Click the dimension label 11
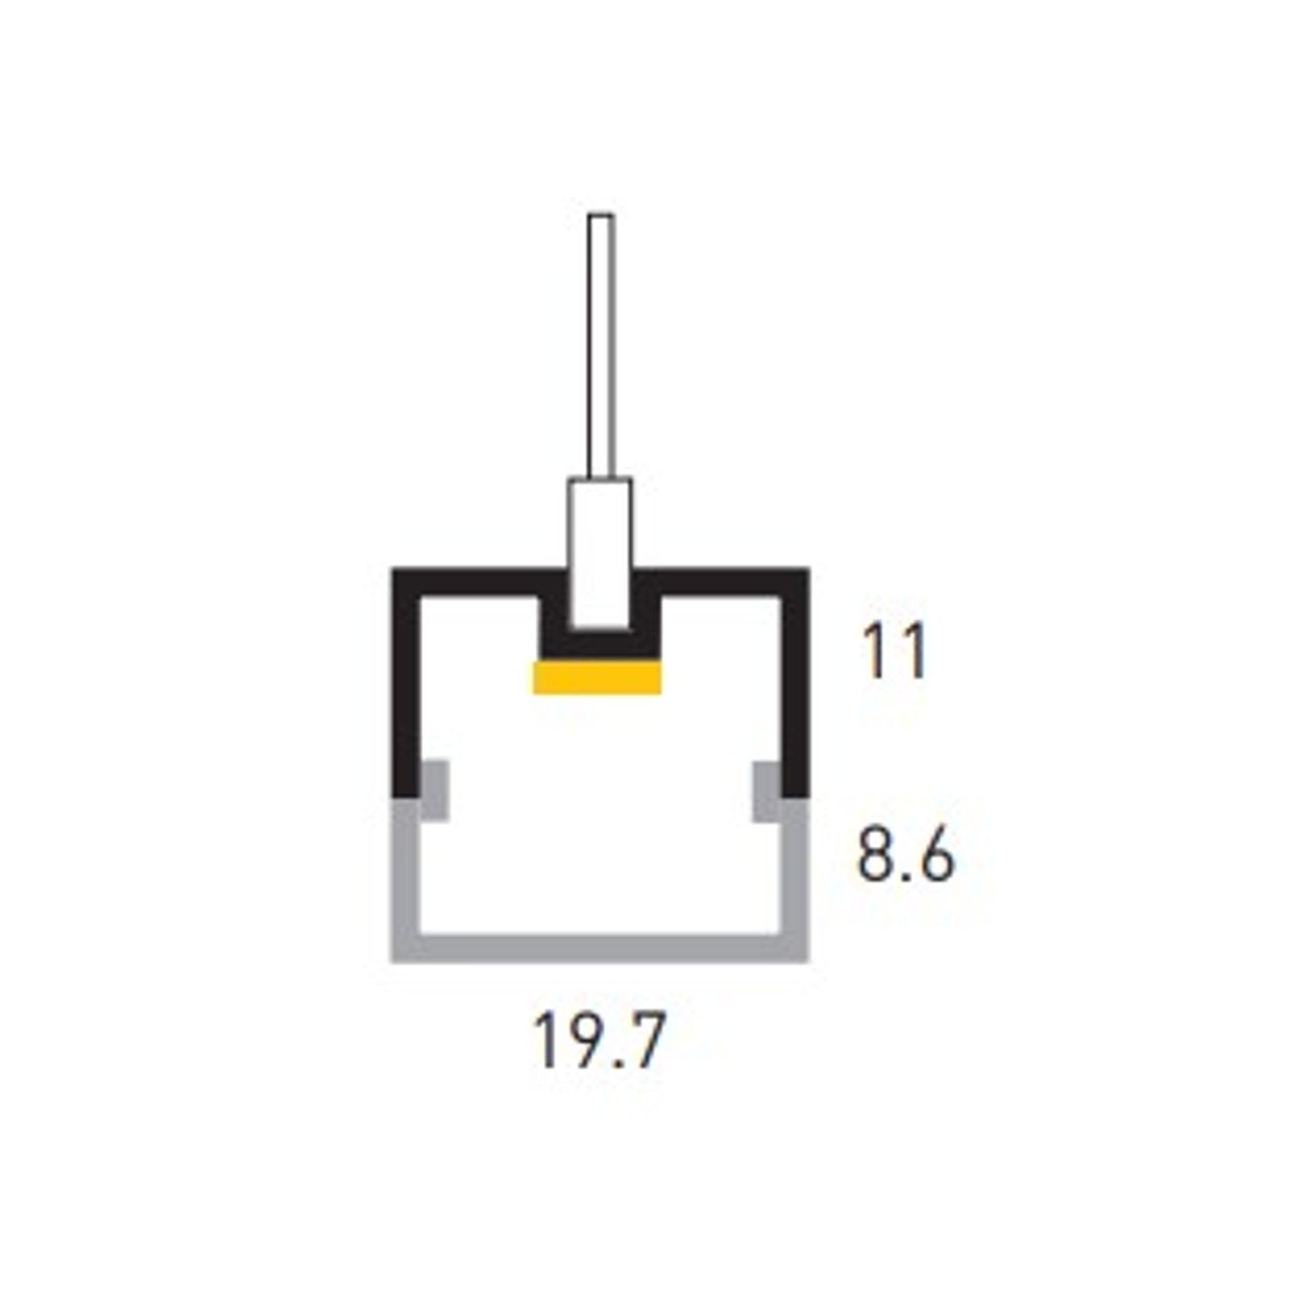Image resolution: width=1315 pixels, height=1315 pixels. (894, 651)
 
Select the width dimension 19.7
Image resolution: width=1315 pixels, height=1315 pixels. (599, 1040)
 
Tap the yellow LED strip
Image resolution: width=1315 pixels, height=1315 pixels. (597, 678)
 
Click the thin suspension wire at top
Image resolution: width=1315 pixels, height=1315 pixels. (601, 346)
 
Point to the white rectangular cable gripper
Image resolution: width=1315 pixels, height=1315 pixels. (600, 554)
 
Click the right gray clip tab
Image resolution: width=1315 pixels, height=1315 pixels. (767, 791)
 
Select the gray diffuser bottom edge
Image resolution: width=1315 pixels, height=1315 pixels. (600, 949)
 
